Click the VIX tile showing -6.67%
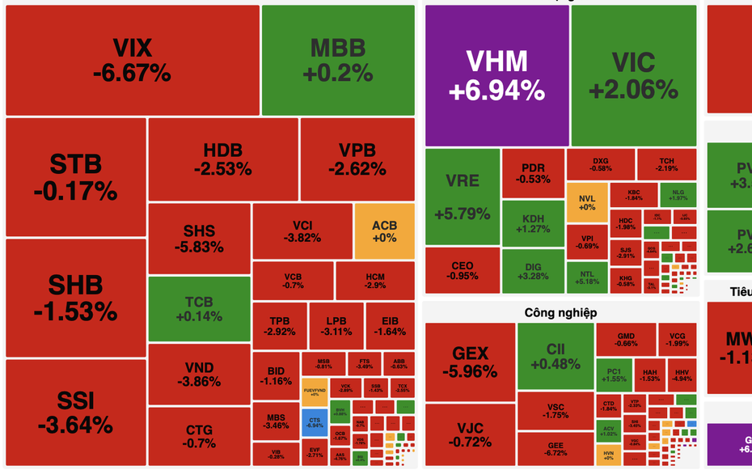pos(132,60)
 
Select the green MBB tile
pos(338,60)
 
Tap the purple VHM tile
pos(497,74)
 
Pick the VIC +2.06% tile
pos(633,74)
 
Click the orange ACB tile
pos(384,231)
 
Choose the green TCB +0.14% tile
pos(199,308)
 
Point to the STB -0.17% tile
pos(75,176)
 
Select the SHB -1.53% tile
pos(75,297)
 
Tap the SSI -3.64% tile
pos(75,412)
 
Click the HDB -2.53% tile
pos(222,159)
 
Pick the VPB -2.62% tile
pos(357,159)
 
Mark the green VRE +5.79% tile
pos(462,197)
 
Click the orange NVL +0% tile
pos(586,202)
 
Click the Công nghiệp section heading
pos(560,312)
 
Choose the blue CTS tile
pos(315,421)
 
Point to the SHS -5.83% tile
pos(199,239)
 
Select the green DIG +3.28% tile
pos(533,271)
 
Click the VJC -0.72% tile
pos(470,435)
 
